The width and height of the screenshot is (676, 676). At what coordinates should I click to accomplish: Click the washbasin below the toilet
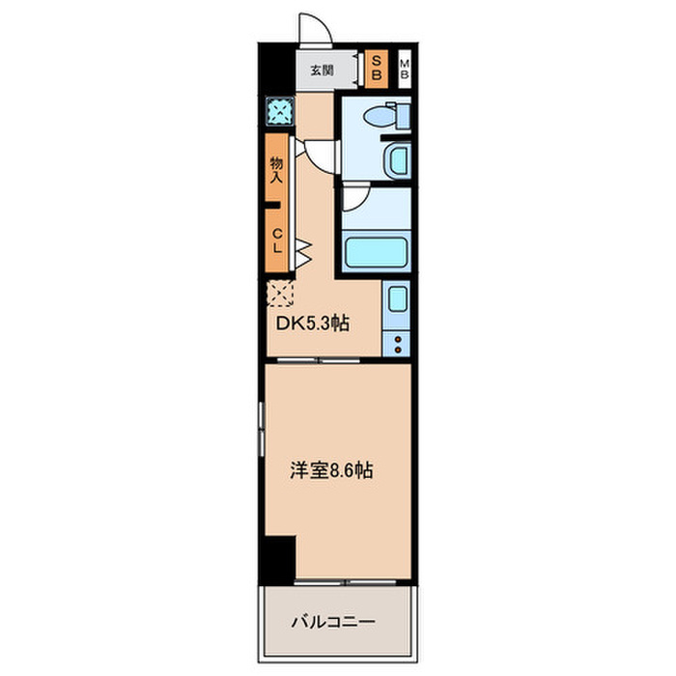click(396, 158)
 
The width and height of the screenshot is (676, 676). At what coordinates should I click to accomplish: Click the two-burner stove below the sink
click(396, 342)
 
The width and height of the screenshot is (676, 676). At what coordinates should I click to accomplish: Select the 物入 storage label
click(276, 169)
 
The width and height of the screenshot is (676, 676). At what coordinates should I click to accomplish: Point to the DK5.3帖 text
click(313, 324)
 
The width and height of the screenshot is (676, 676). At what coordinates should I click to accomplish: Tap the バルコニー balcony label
click(333, 622)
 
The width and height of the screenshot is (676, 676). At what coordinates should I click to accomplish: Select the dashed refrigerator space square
click(280, 293)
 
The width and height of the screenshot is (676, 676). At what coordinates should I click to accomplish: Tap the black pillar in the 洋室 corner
click(279, 558)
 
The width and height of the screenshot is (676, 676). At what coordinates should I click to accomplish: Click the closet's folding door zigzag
click(302, 252)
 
